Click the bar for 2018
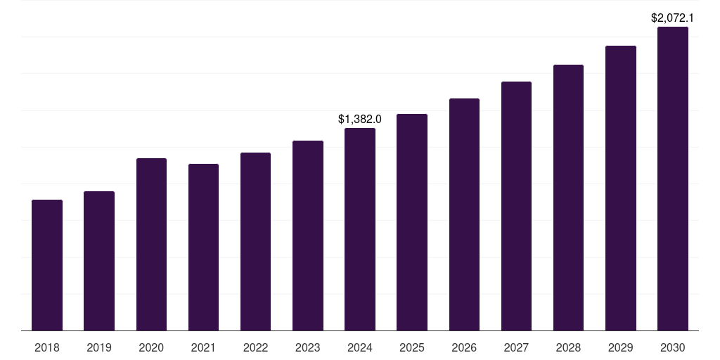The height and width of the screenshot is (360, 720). pos(47,265)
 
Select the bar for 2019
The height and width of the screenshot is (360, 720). pos(99,261)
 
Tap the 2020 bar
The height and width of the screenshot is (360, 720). pos(151,244)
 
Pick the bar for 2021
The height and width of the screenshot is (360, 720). pos(203,247)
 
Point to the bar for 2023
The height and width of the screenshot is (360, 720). pos(308,236)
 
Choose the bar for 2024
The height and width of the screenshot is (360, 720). pos(360,229)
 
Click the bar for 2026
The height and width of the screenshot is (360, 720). pos(464,214)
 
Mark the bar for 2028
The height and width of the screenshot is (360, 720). pos(568,198)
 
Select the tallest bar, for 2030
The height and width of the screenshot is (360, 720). pos(673,179)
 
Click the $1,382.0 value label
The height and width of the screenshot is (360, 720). pos(360,120)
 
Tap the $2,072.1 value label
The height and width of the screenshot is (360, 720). pos(673,18)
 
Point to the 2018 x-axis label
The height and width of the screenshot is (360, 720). pos(47,347)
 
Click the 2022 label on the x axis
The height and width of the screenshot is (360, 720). pos(255,347)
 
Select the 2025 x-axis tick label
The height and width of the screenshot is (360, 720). pos(412,347)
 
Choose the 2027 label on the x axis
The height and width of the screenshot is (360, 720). pos(516,347)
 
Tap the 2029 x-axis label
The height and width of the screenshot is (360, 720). pos(621,347)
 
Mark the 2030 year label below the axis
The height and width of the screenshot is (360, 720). pos(673,347)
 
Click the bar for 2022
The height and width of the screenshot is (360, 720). pos(255,241)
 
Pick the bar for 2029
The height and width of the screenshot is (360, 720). pos(621,188)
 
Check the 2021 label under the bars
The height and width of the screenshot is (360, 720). pos(203,347)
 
